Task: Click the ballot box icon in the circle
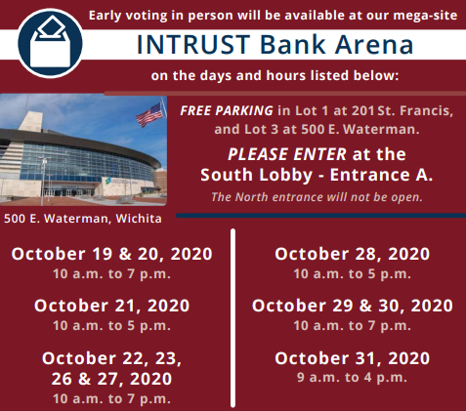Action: click(x=50, y=43)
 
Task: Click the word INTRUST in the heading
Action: click(x=193, y=45)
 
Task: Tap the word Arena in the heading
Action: click(x=374, y=45)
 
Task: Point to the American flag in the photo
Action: click(x=150, y=114)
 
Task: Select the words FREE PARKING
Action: click(x=227, y=111)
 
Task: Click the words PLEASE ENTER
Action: click(x=287, y=154)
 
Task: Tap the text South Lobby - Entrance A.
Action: click(x=317, y=175)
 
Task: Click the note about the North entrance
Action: click(x=317, y=197)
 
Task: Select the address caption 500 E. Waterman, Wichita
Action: click(x=83, y=219)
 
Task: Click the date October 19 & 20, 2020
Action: click(x=112, y=254)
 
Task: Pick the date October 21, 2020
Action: click(x=112, y=306)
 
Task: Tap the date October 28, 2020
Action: click(x=352, y=254)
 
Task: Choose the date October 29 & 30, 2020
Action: click(x=353, y=306)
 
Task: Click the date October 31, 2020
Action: click(x=352, y=358)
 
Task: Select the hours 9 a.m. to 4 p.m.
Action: click(x=352, y=378)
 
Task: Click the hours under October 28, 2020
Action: click(x=352, y=274)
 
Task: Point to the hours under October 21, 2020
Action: click(x=111, y=326)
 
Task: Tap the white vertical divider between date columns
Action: click(x=233, y=318)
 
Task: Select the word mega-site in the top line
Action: click(x=425, y=16)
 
